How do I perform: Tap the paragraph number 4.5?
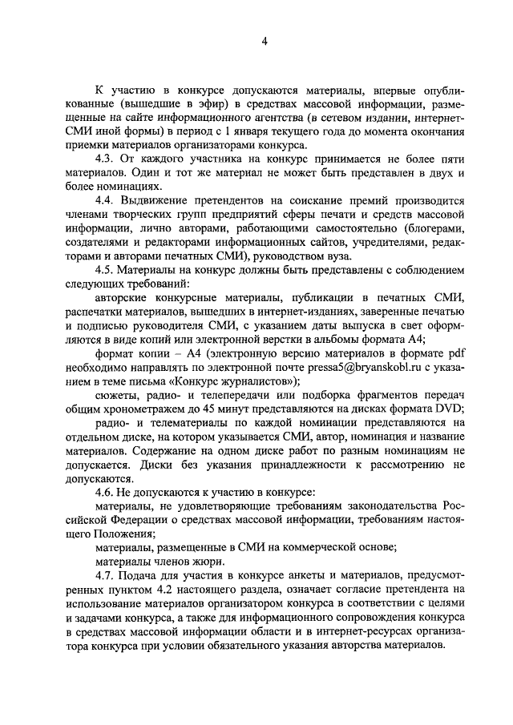click(106, 269)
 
